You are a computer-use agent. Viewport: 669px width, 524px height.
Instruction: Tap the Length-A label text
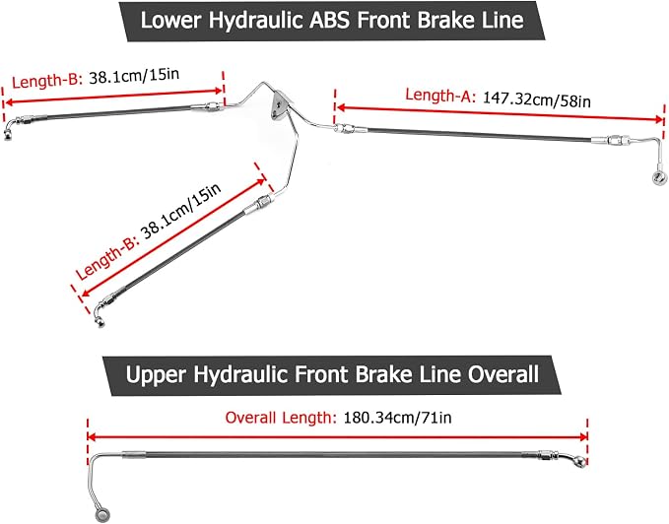click(439, 96)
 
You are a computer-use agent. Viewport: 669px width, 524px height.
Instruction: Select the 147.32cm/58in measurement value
click(537, 99)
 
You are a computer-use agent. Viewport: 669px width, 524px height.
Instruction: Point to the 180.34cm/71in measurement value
click(397, 418)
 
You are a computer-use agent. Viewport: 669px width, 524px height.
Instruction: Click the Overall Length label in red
click(281, 418)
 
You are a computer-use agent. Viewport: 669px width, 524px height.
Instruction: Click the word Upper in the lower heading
click(156, 374)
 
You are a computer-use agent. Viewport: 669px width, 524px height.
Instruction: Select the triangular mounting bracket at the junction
click(281, 106)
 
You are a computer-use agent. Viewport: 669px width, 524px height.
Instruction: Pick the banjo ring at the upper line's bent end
click(101, 514)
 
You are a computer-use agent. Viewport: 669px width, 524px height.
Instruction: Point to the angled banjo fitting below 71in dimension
click(576, 460)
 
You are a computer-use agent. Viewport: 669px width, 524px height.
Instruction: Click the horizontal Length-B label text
click(47, 80)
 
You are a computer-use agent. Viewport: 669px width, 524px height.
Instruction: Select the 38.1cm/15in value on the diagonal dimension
click(181, 211)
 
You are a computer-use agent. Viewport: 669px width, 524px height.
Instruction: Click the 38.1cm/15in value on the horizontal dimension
click(134, 76)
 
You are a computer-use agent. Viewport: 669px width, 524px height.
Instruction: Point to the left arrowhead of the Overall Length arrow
click(91, 437)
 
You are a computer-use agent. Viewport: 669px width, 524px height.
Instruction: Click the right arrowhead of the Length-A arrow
click(659, 120)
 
